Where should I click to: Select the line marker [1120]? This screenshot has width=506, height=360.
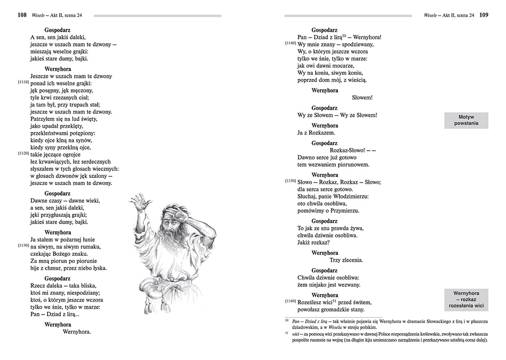point(23,153)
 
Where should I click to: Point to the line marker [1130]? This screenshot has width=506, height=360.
point(23,245)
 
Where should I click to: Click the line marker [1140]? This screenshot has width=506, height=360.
point(290,44)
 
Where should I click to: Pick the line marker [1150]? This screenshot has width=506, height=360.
point(290,181)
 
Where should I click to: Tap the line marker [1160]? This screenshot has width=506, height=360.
point(290,301)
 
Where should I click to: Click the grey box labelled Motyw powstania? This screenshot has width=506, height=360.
point(466,120)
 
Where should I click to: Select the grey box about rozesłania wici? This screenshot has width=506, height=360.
point(466,299)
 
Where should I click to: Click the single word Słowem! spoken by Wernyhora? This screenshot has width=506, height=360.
point(362,98)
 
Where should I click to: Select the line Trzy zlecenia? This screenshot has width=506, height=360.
point(346,260)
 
